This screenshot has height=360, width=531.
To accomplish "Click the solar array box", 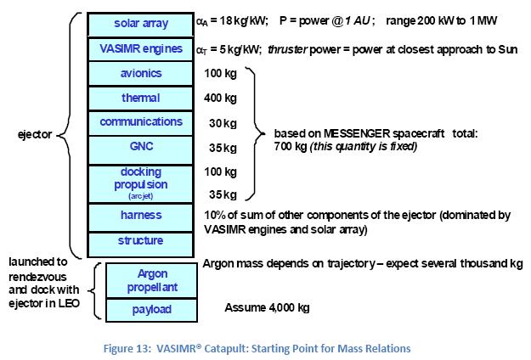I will pos(141,23).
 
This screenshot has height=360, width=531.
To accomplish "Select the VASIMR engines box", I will pos(141,48).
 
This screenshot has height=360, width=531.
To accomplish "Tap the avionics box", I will pos(141,73).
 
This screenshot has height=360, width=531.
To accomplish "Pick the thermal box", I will pos(141,98).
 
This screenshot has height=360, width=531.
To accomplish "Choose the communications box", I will pos(141,122).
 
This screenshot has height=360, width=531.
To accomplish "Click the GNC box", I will pos(141,147).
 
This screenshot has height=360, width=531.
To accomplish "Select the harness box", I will pos(141,216).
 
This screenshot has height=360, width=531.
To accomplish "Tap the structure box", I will pos(141,241).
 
